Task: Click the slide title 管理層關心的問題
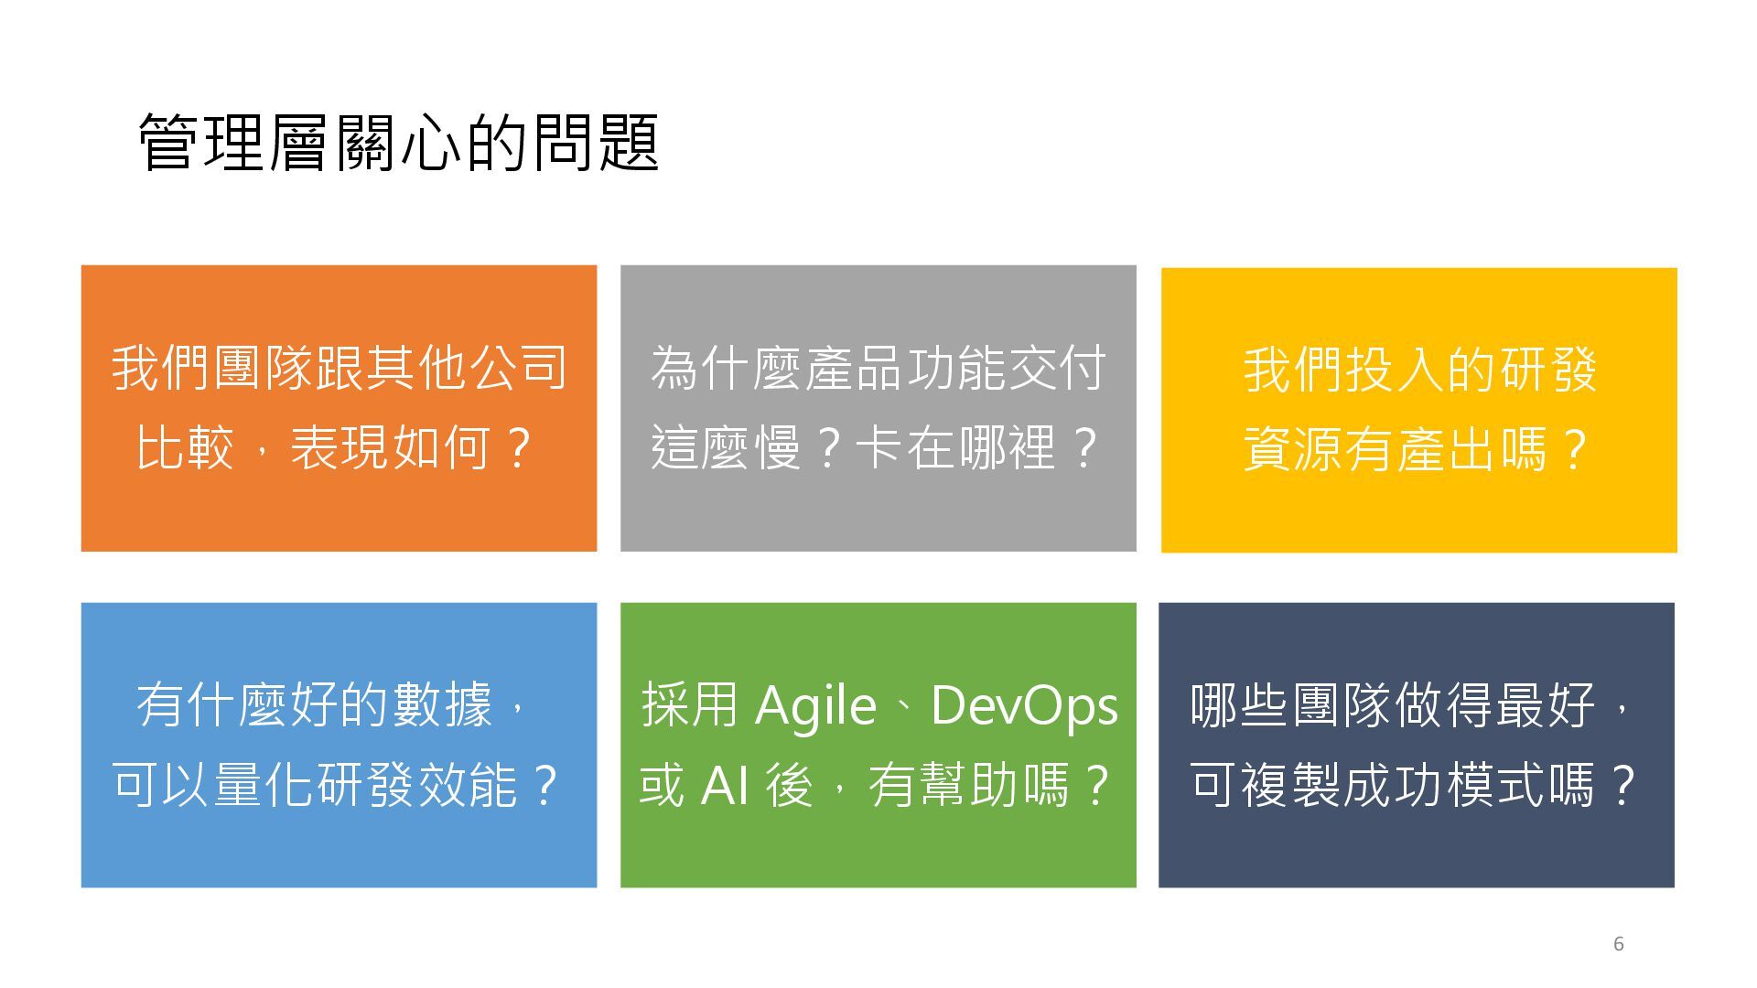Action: click(x=399, y=143)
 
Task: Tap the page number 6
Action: click(x=1618, y=944)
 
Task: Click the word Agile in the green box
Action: click(x=815, y=706)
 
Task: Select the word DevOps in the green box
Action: click(x=1024, y=706)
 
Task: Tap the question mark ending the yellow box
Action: click(x=1575, y=449)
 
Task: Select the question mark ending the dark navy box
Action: click(x=1622, y=786)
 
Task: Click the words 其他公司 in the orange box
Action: click(x=467, y=368)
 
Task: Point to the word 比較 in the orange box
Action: click(x=186, y=448)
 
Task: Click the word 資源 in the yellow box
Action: click(x=1293, y=449)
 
